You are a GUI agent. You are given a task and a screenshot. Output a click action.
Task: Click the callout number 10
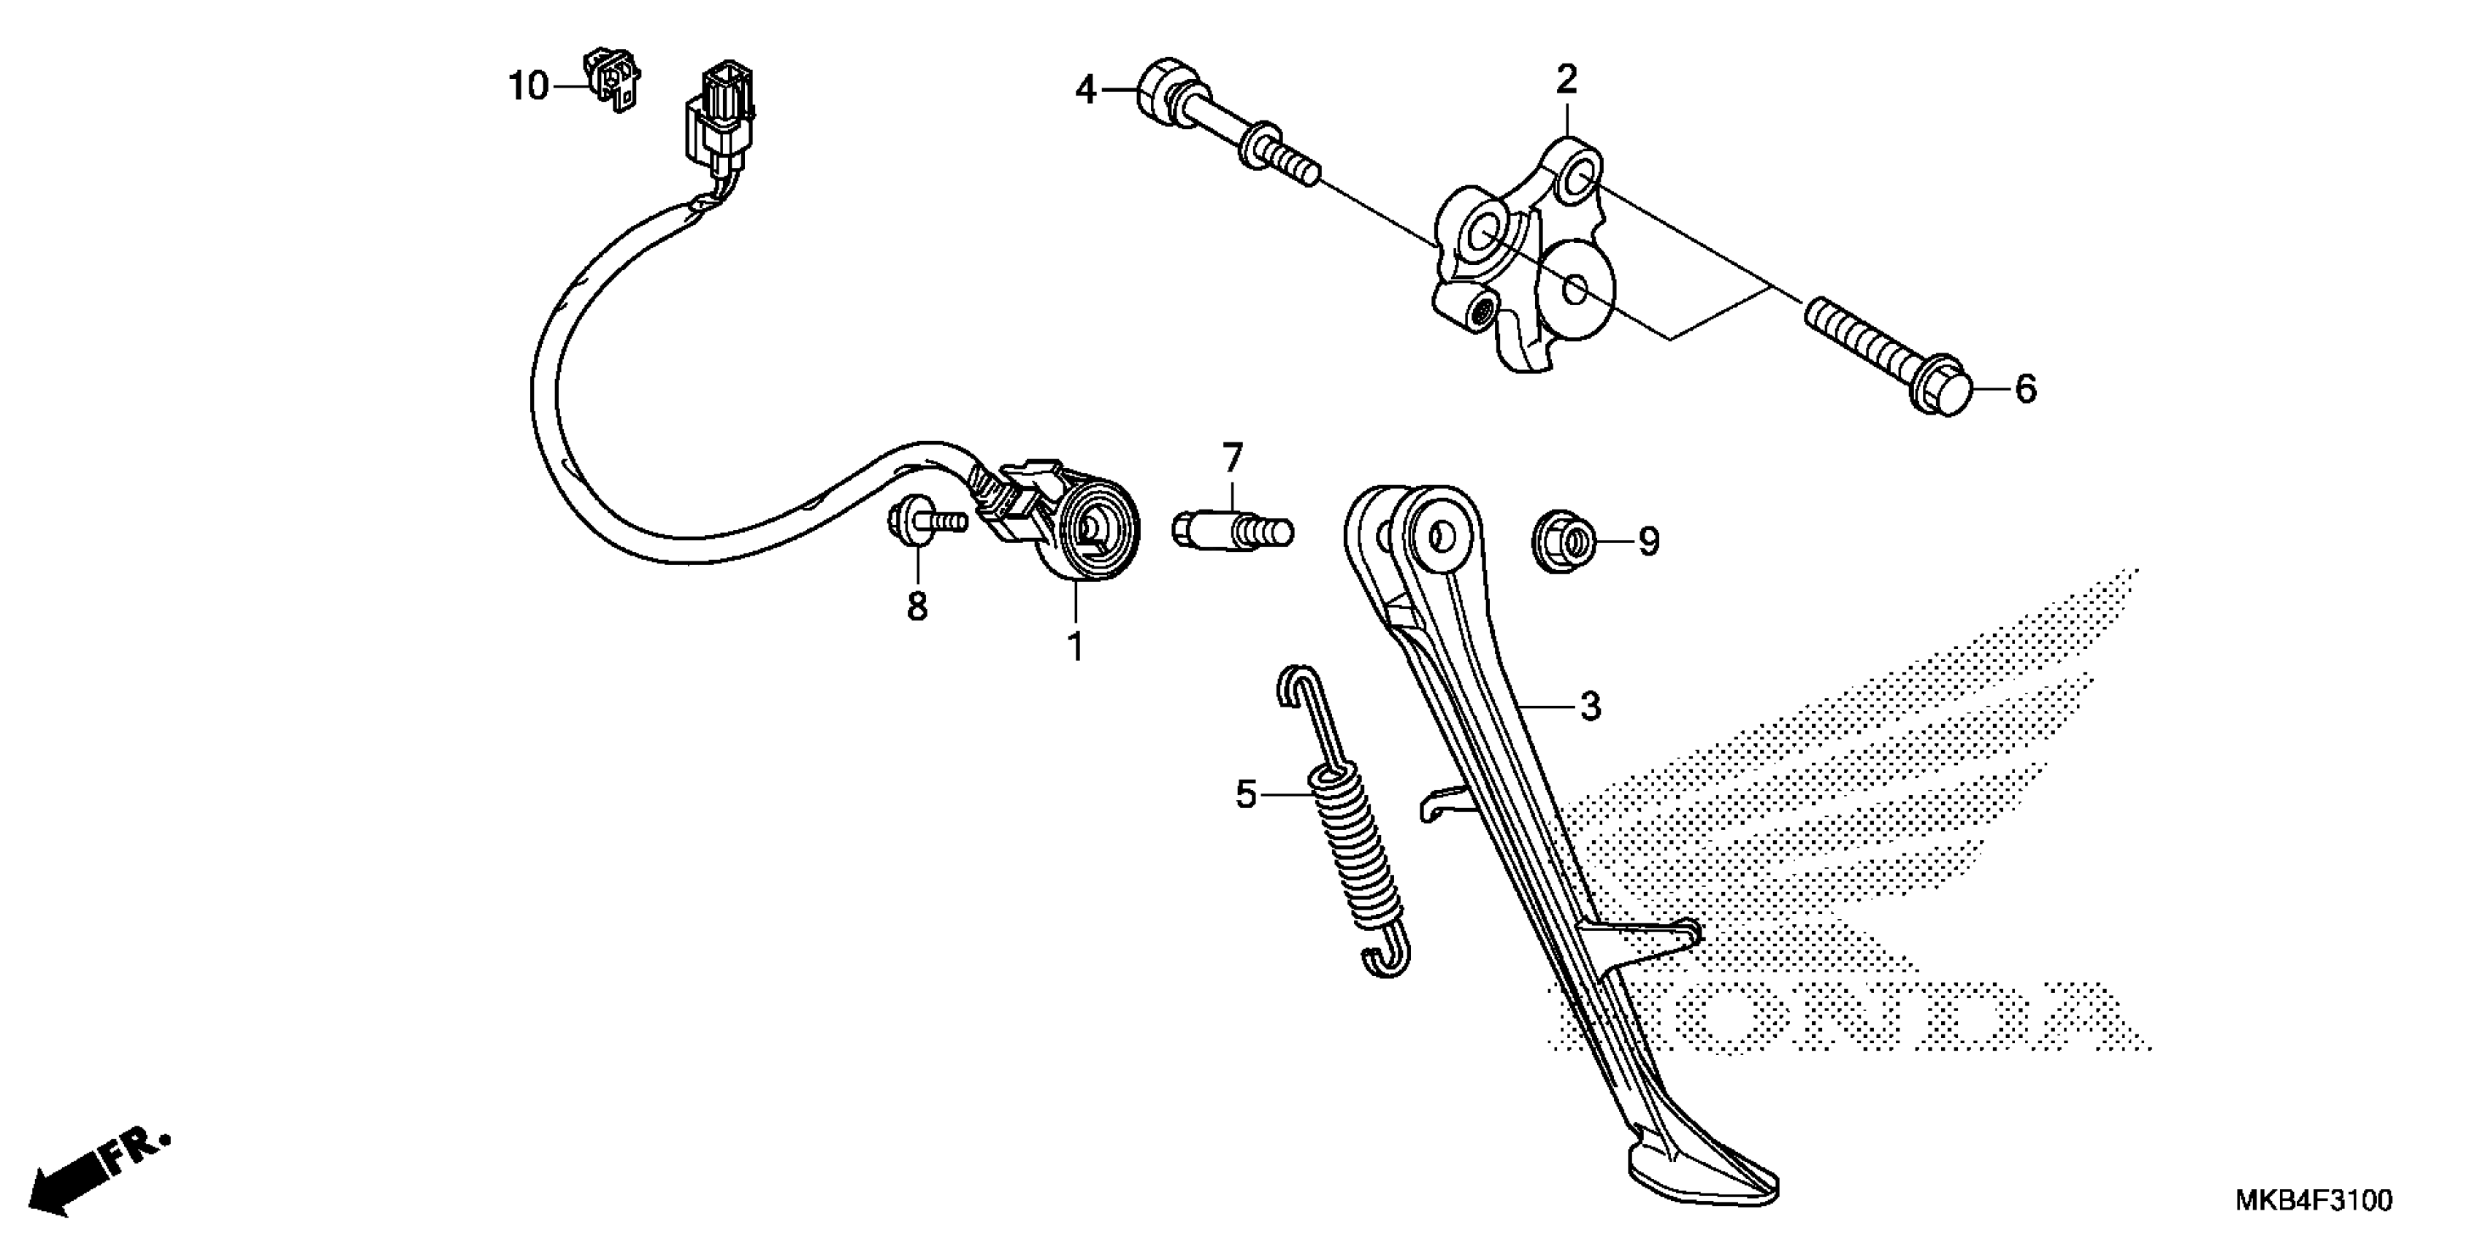(528, 87)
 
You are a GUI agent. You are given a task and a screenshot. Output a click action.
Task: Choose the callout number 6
(2026, 389)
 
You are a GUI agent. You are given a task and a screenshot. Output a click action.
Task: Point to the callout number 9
(1649, 542)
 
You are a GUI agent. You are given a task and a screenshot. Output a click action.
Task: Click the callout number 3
(1589, 706)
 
